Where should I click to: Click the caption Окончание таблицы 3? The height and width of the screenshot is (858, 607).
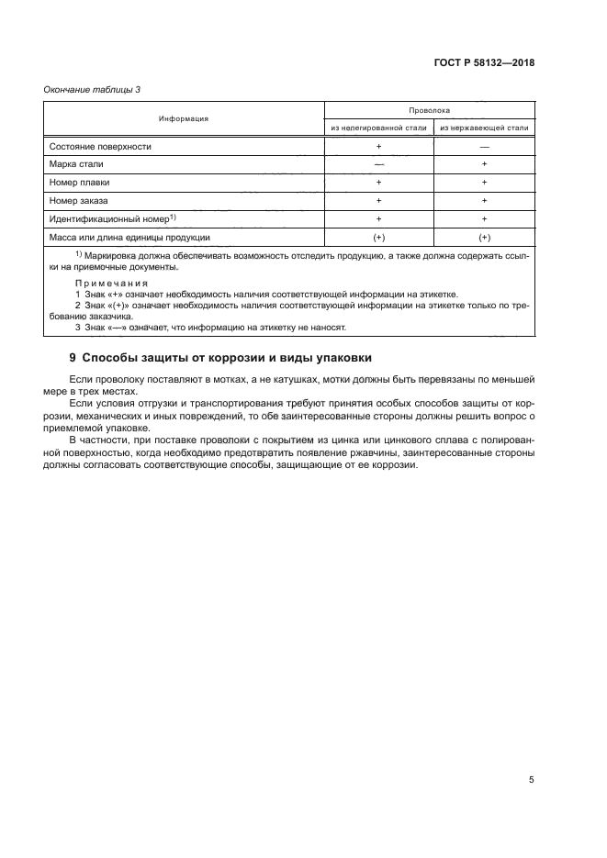[x=92, y=89]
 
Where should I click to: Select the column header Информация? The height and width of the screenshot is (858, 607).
[x=183, y=118]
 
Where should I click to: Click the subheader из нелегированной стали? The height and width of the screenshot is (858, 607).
[x=378, y=128]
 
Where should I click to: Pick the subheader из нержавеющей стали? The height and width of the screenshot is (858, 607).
[x=484, y=128]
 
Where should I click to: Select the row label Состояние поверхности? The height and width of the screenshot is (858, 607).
[x=100, y=146]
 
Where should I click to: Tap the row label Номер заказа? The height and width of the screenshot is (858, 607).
[x=79, y=199]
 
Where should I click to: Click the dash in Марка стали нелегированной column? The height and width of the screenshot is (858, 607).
[x=378, y=163]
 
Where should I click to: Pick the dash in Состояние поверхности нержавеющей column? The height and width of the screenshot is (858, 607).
[x=484, y=146]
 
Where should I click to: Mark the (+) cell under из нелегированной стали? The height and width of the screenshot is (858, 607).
[x=378, y=236]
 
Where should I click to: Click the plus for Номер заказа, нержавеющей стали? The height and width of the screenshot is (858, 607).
[x=484, y=199]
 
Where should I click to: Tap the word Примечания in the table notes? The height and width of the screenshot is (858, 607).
[x=104, y=284]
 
